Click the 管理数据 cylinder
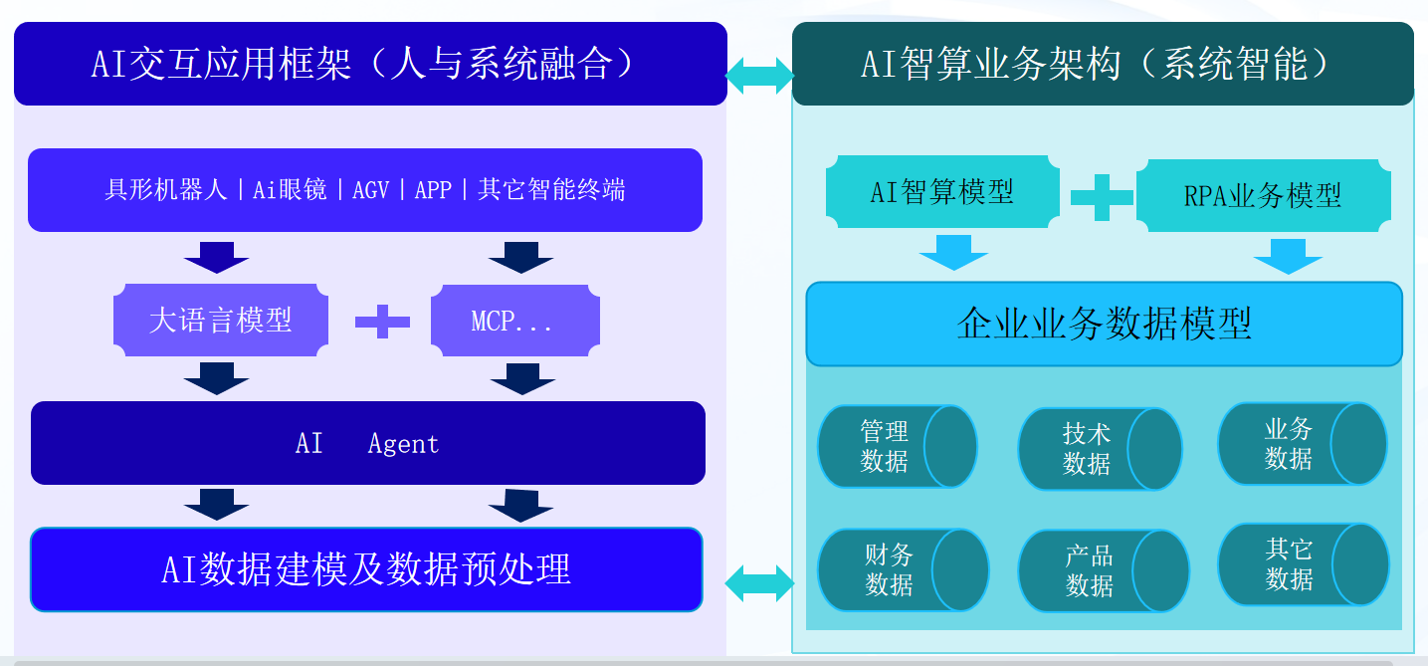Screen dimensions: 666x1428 tap(896, 446)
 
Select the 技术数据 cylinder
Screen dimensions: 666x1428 tap(1099, 449)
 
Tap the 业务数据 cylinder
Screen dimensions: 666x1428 tap(1301, 444)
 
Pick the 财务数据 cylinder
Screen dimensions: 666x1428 tap(902, 570)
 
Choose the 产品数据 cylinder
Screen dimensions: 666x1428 tap(1103, 570)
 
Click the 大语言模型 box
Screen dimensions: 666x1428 tap(221, 320)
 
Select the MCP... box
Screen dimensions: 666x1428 tap(514, 321)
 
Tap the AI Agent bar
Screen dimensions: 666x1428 tap(367, 443)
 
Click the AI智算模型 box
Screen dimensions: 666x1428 tap(941, 190)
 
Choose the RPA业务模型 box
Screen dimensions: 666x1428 tap(1262, 195)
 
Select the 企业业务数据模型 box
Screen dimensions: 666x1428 tap(1104, 324)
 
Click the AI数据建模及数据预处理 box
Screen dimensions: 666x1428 tap(366, 569)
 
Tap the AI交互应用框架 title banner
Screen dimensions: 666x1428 tap(370, 64)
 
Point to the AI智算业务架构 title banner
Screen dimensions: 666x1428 tap(1103, 64)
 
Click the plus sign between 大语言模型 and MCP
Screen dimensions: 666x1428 tap(382, 321)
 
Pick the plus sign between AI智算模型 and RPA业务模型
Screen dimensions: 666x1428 tap(1102, 195)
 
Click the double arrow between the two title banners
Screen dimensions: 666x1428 tap(759, 75)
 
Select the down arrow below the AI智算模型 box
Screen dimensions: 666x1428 tap(952, 253)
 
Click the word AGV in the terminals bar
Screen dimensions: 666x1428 tap(370, 190)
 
